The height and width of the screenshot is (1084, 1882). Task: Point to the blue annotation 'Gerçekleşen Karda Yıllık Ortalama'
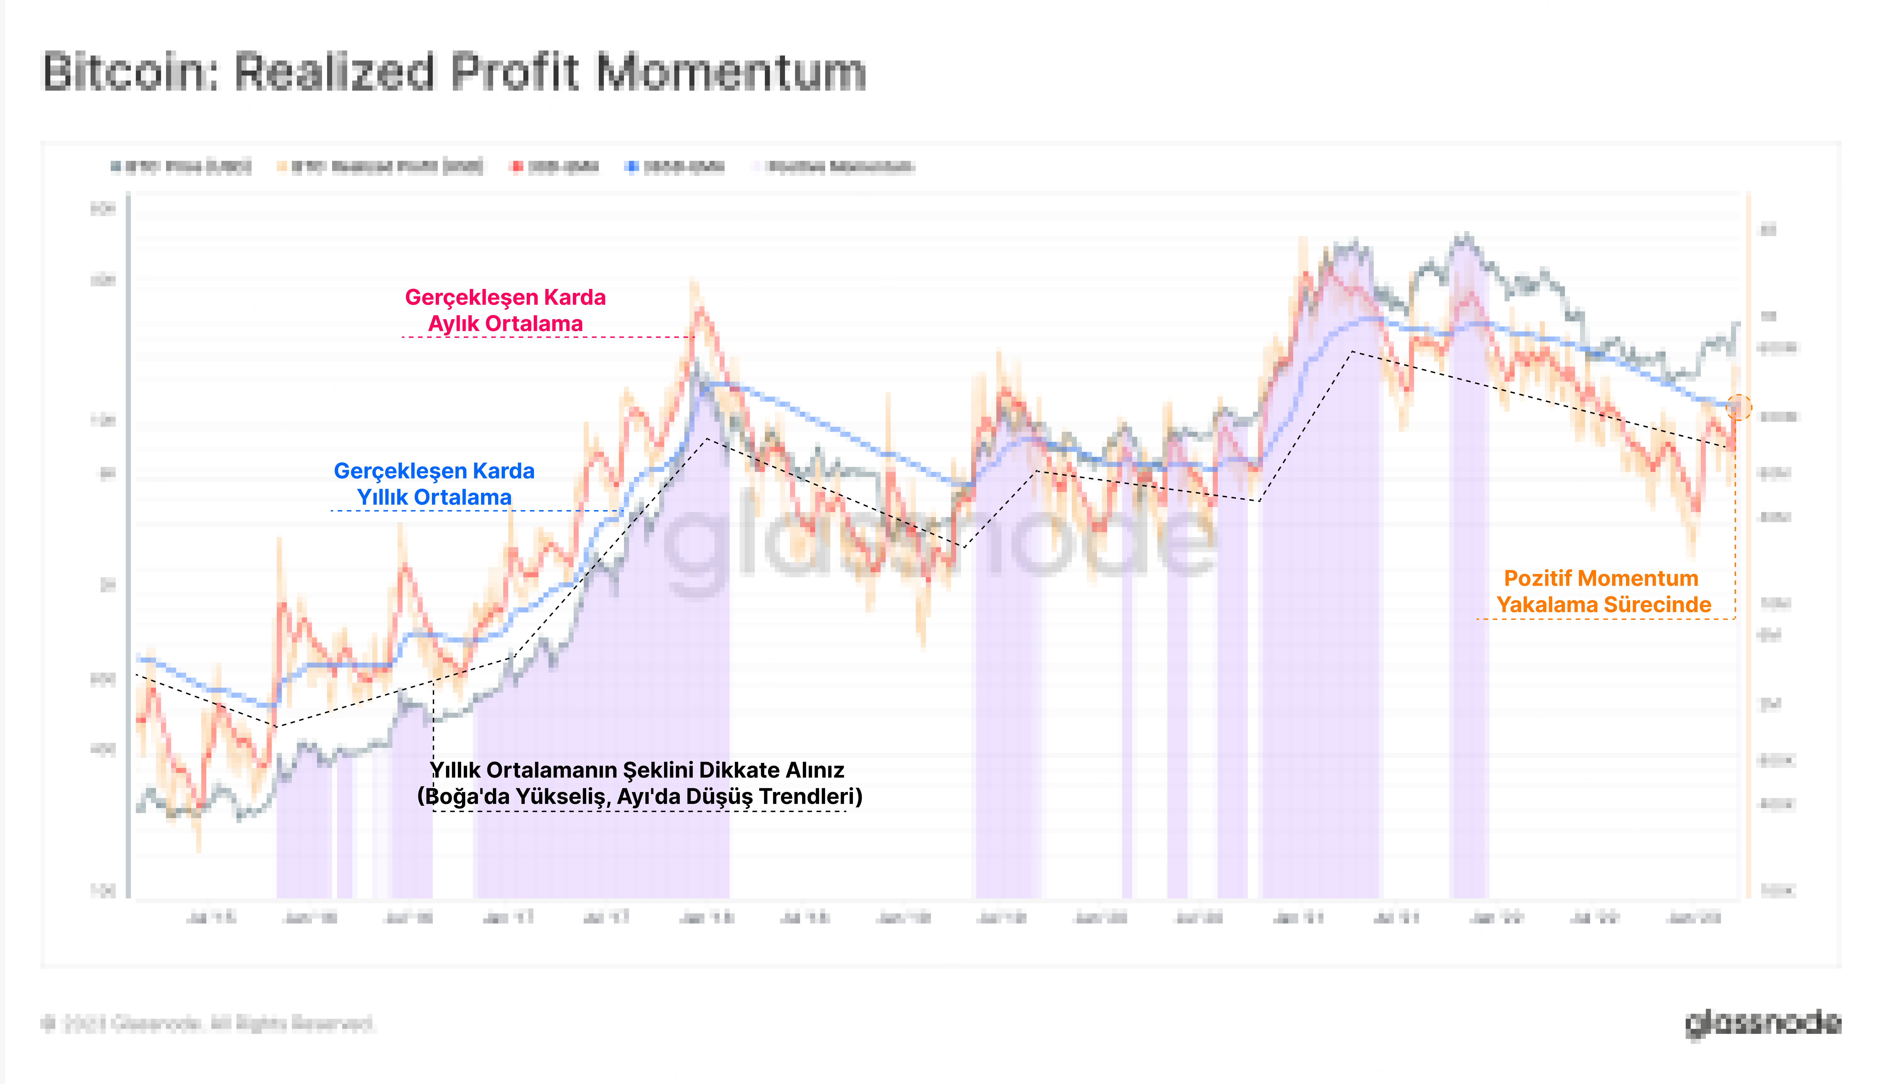pyautogui.click(x=434, y=484)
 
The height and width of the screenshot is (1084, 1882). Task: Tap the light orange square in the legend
pyautogui.click(x=282, y=167)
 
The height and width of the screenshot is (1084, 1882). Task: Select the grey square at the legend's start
pyautogui.click(x=115, y=167)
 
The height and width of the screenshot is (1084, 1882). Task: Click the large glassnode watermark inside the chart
pyautogui.click(x=938, y=540)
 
